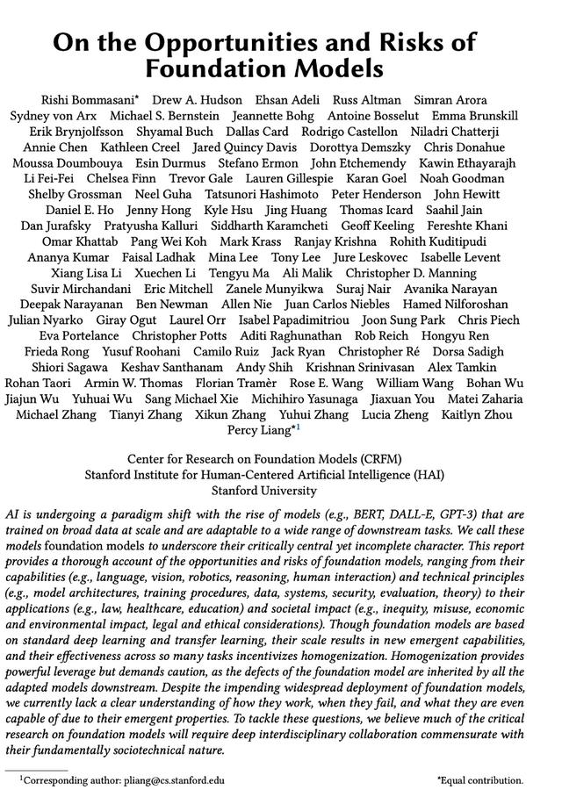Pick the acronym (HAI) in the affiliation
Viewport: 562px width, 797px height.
426,475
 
